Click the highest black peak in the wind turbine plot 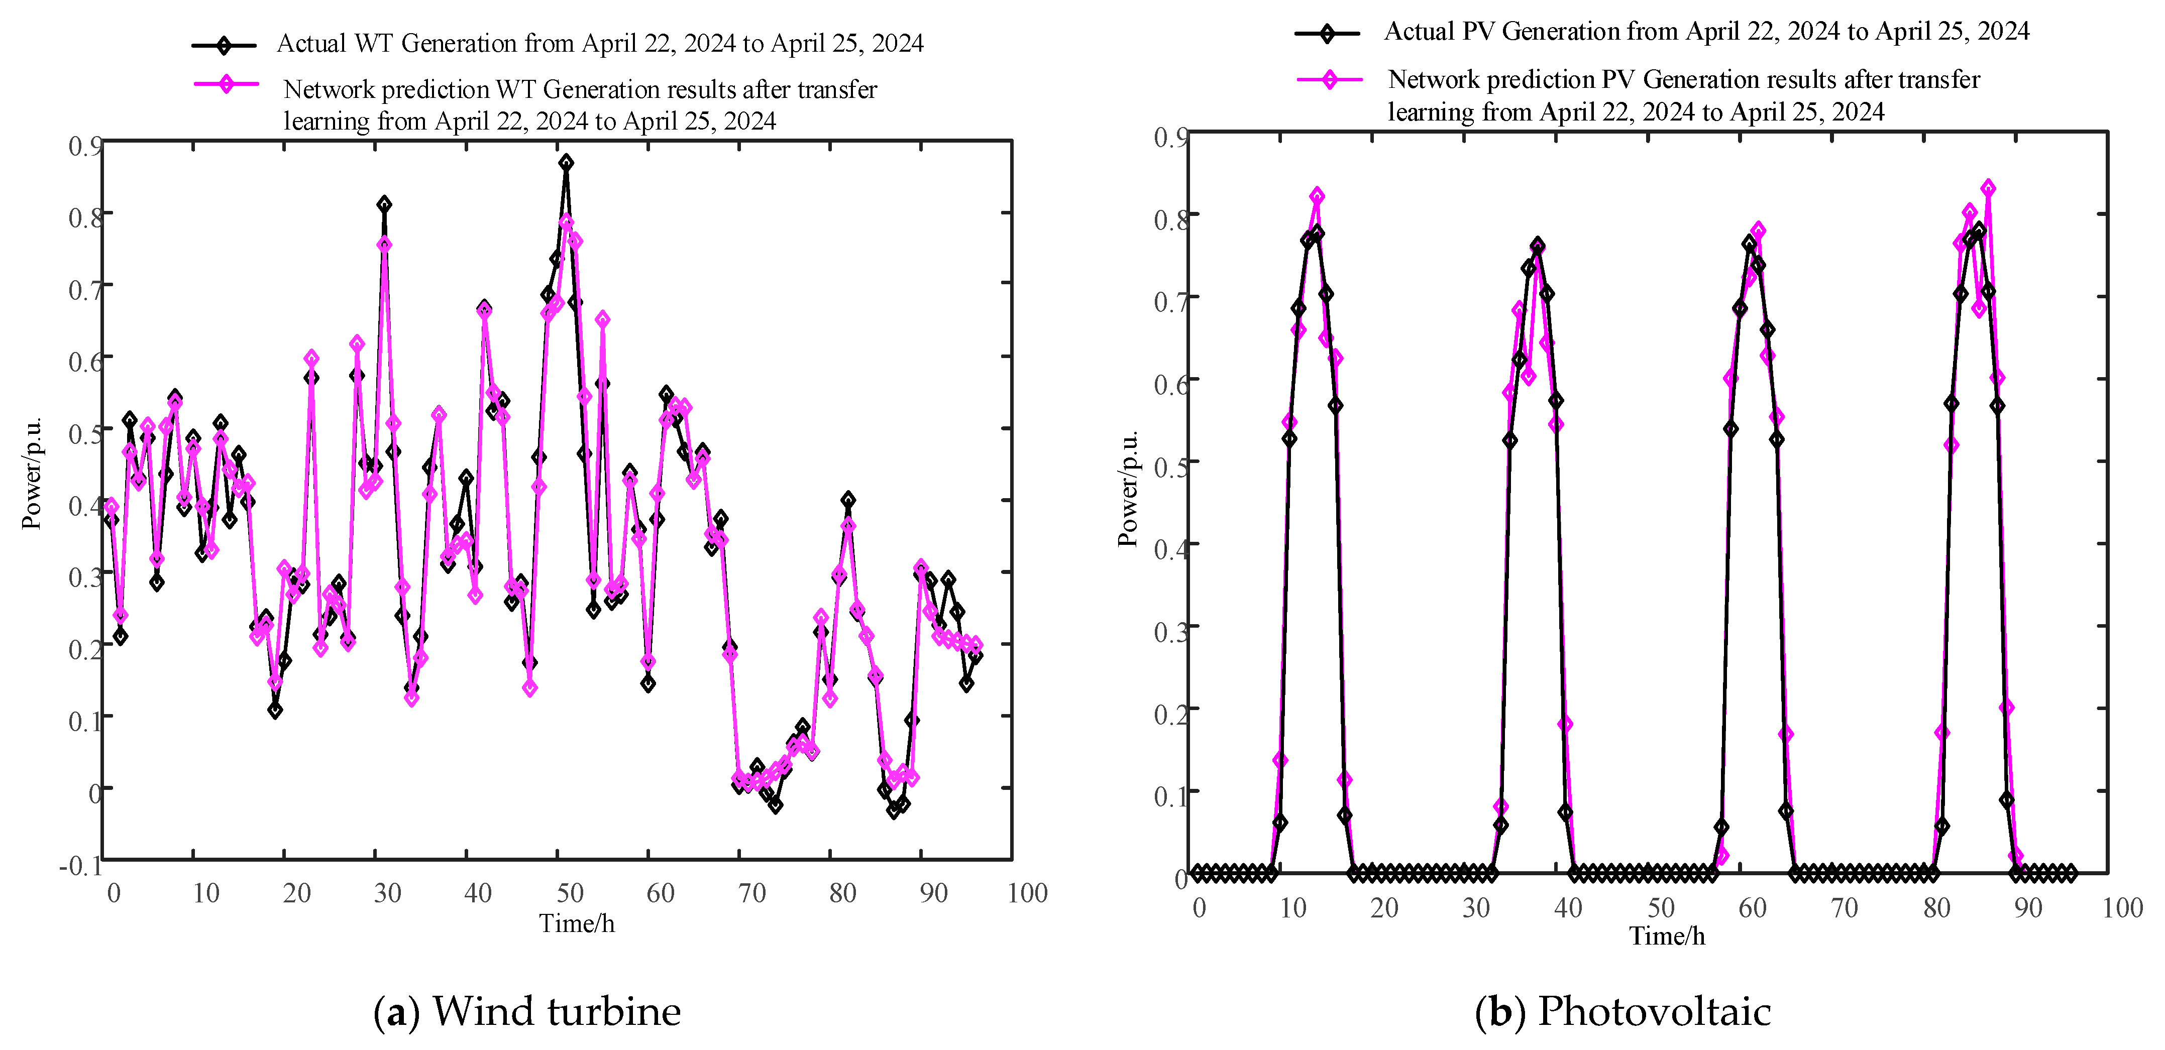(566, 162)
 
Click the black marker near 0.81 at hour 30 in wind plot (384, 204)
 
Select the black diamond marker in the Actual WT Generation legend (224, 45)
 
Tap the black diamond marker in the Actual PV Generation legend (1326, 34)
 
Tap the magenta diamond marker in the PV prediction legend (1329, 80)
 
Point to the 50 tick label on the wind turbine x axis (570, 893)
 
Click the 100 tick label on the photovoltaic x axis (2121, 908)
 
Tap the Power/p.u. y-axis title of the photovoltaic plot (1128, 489)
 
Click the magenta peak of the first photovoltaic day (1317, 196)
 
